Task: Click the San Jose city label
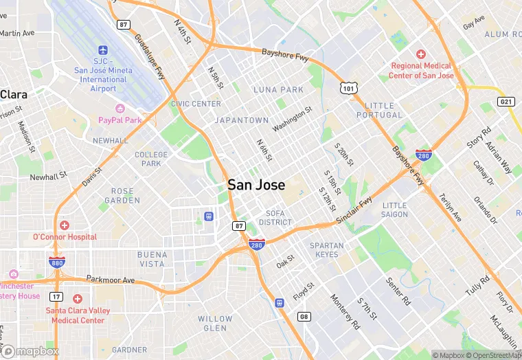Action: tap(256, 185)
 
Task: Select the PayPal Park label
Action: tap(120, 120)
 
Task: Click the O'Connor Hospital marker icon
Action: tap(65, 225)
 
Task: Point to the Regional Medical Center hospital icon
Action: tap(421, 54)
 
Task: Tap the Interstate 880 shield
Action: tap(57, 262)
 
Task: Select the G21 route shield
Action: tap(506, 102)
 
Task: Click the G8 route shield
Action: tap(304, 316)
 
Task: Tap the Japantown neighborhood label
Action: tap(242, 120)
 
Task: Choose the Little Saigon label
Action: tap(394, 210)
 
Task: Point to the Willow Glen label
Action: tap(215, 323)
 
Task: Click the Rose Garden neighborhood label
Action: tap(122, 196)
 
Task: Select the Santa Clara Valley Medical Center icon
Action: tap(77, 299)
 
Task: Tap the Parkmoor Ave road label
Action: tap(110, 280)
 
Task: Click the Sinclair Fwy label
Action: tap(354, 211)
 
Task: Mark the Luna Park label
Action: tap(278, 90)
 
